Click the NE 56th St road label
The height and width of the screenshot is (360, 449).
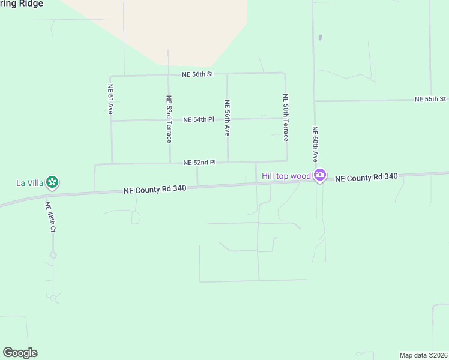(x=198, y=74)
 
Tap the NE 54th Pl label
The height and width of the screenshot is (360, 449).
(x=199, y=119)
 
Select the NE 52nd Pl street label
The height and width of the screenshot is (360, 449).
(x=199, y=162)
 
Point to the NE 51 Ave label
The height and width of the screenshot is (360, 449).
(x=110, y=99)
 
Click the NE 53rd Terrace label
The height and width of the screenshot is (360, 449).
(x=169, y=119)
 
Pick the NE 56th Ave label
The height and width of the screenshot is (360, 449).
(x=228, y=118)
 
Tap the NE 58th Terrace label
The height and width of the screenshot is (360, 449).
(x=286, y=117)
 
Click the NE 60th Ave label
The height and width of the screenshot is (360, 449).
(x=315, y=144)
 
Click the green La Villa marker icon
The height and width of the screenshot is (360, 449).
(x=52, y=182)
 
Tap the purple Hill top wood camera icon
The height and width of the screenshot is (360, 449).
(x=320, y=175)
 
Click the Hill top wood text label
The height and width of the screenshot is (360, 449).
(x=286, y=176)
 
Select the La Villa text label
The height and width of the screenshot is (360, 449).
(x=30, y=182)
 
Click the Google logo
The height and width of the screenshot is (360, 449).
(x=20, y=353)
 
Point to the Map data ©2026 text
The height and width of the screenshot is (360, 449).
(x=423, y=355)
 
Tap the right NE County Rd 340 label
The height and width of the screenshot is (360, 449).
(x=366, y=178)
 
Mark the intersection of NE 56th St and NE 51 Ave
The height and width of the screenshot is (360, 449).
(x=110, y=76)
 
